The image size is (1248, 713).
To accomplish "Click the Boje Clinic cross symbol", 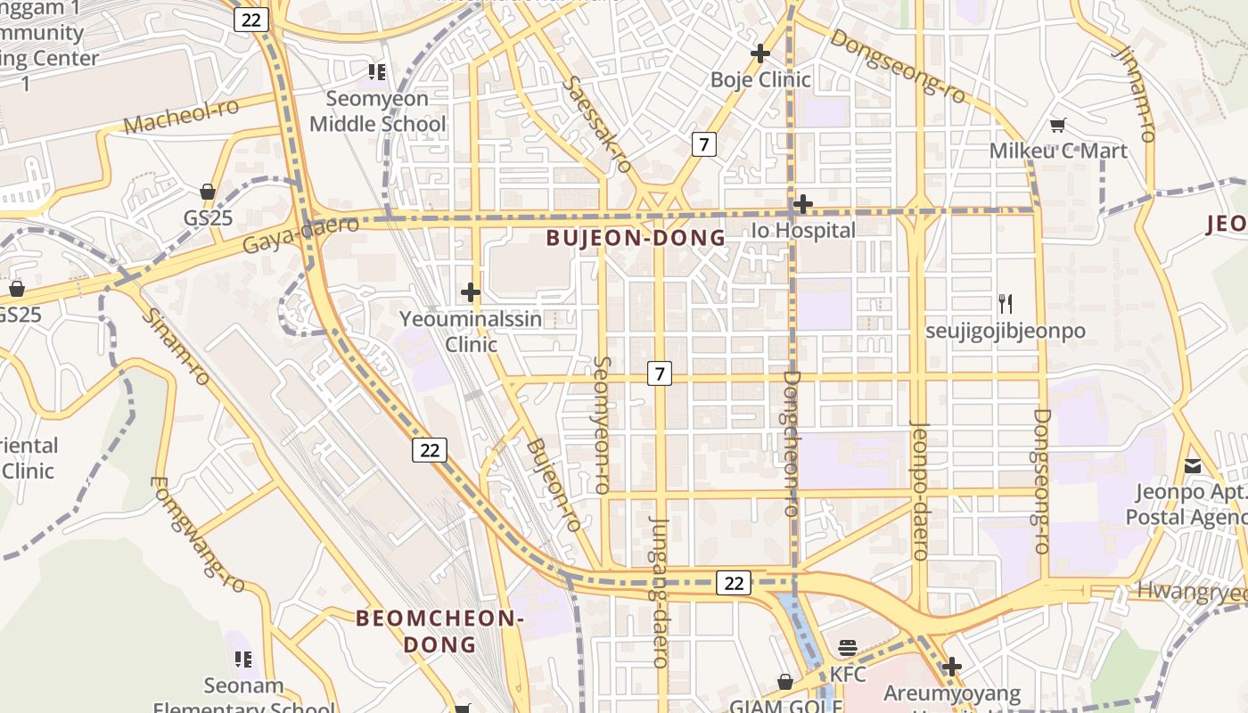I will pyautogui.click(x=759, y=53).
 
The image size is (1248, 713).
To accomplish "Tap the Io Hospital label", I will pyautogui.click(x=803, y=230).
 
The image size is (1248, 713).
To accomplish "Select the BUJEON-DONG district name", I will pyautogui.click(x=636, y=238).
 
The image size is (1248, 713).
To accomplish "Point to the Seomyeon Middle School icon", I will pyautogui.click(x=376, y=71).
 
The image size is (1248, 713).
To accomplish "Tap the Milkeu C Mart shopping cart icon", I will pyautogui.click(x=1057, y=126).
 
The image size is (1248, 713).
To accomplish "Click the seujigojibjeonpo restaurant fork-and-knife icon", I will pyautogui.click(x=1006, y=304).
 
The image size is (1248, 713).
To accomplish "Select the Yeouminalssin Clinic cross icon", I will pyautogui.click(x=470, y=291).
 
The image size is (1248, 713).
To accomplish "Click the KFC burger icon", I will pyautogui.click(x=847, y=648).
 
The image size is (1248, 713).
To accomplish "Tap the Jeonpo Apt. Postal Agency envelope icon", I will pyautogui.click(x=1193, y=465).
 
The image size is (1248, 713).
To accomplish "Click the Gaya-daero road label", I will pyautogui.click(x=300, y=234).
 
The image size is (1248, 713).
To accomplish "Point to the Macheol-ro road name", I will pyautogui.click(x=181, y=116).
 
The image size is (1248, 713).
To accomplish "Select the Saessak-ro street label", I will pyautogui.click(x=598, y=123).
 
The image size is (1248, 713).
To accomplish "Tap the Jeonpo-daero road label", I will pyautogui.click(x=918, y=490).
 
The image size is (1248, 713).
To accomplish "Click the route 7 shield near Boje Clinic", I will pyautogui.click(x=704, y=143).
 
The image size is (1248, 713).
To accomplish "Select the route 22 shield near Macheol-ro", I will pyautogui.click(x=251, y=20).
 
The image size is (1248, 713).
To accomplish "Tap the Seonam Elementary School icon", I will pyautogui.click(x=242, y=660).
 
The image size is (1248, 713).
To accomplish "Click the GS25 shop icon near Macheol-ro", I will pyautogui.click(x=208, y=192).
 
